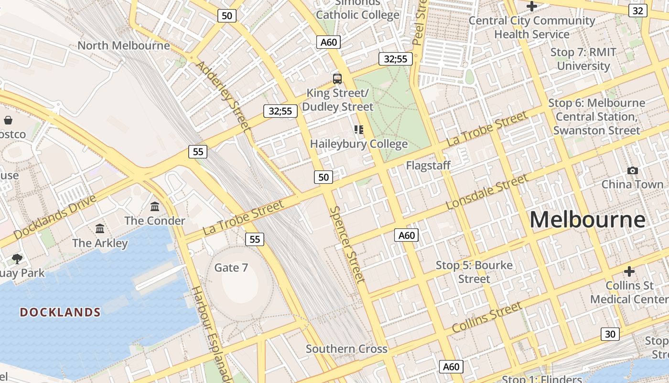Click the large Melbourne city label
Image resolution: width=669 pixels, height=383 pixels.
[587, 220]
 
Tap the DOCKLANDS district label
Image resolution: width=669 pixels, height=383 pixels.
[60, 313]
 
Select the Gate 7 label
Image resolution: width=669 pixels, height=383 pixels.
[231, 268]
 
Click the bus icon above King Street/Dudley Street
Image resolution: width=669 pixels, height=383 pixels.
[337, 79]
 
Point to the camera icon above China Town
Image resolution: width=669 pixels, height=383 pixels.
[633, 170]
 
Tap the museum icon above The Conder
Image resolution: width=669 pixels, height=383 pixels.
[155, 207]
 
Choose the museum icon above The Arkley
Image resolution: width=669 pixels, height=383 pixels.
[100, 229]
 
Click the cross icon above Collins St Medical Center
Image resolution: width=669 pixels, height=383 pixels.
[629, 271]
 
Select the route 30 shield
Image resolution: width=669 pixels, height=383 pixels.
[610, 334]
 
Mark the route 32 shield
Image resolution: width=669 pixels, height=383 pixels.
[637, 11]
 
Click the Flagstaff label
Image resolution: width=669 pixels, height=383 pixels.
[428, 166]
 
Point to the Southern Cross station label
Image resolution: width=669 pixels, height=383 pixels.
[346, 349]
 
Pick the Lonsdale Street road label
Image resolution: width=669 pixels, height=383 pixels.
[486, 192]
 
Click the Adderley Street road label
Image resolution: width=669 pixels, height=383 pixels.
[223, 96]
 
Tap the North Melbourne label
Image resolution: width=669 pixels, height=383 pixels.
[123, 45]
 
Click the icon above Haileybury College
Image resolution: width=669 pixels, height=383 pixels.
[359, 129]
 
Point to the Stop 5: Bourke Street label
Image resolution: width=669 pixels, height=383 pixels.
[474, 272]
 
